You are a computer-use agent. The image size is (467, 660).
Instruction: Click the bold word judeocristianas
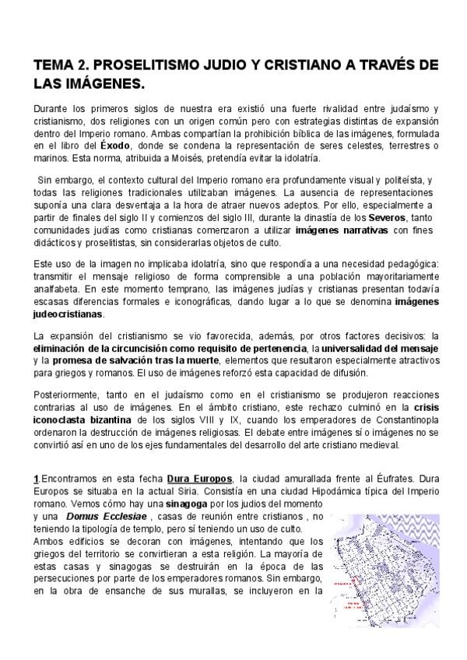tap(69, 314)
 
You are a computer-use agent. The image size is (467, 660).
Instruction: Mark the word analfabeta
tap(59, 288)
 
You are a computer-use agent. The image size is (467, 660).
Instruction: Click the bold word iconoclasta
tap(65, 420)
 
